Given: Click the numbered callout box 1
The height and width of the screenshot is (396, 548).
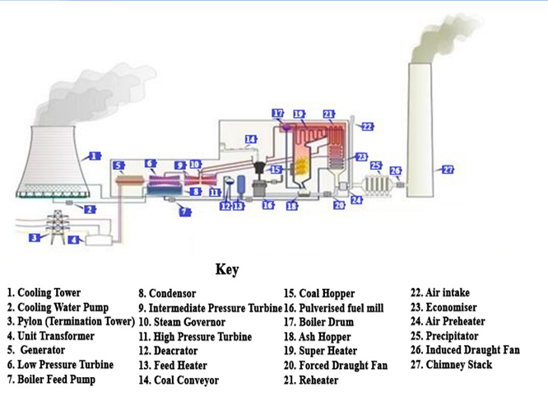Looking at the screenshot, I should [95, 156].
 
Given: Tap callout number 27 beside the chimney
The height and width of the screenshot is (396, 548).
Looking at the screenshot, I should [448, 170].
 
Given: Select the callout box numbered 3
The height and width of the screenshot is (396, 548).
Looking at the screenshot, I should [35, 238].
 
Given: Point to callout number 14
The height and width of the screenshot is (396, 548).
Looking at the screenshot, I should [251, 138].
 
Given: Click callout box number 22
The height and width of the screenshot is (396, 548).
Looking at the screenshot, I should [367, 127].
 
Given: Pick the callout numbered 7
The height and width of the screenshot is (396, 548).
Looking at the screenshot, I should [185, 212].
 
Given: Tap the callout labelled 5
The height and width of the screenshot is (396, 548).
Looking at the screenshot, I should [119, 165].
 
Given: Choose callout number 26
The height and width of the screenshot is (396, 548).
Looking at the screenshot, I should [396, 171].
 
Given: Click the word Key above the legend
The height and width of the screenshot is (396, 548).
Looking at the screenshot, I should [227, 270].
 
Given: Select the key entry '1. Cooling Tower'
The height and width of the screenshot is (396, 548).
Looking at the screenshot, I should [44, 292].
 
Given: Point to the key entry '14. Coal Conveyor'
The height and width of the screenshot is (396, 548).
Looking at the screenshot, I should [179, 380].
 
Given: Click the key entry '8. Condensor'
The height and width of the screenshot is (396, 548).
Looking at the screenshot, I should [167, 293].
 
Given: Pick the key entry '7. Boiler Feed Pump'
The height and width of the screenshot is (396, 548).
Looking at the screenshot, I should [51, 380].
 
